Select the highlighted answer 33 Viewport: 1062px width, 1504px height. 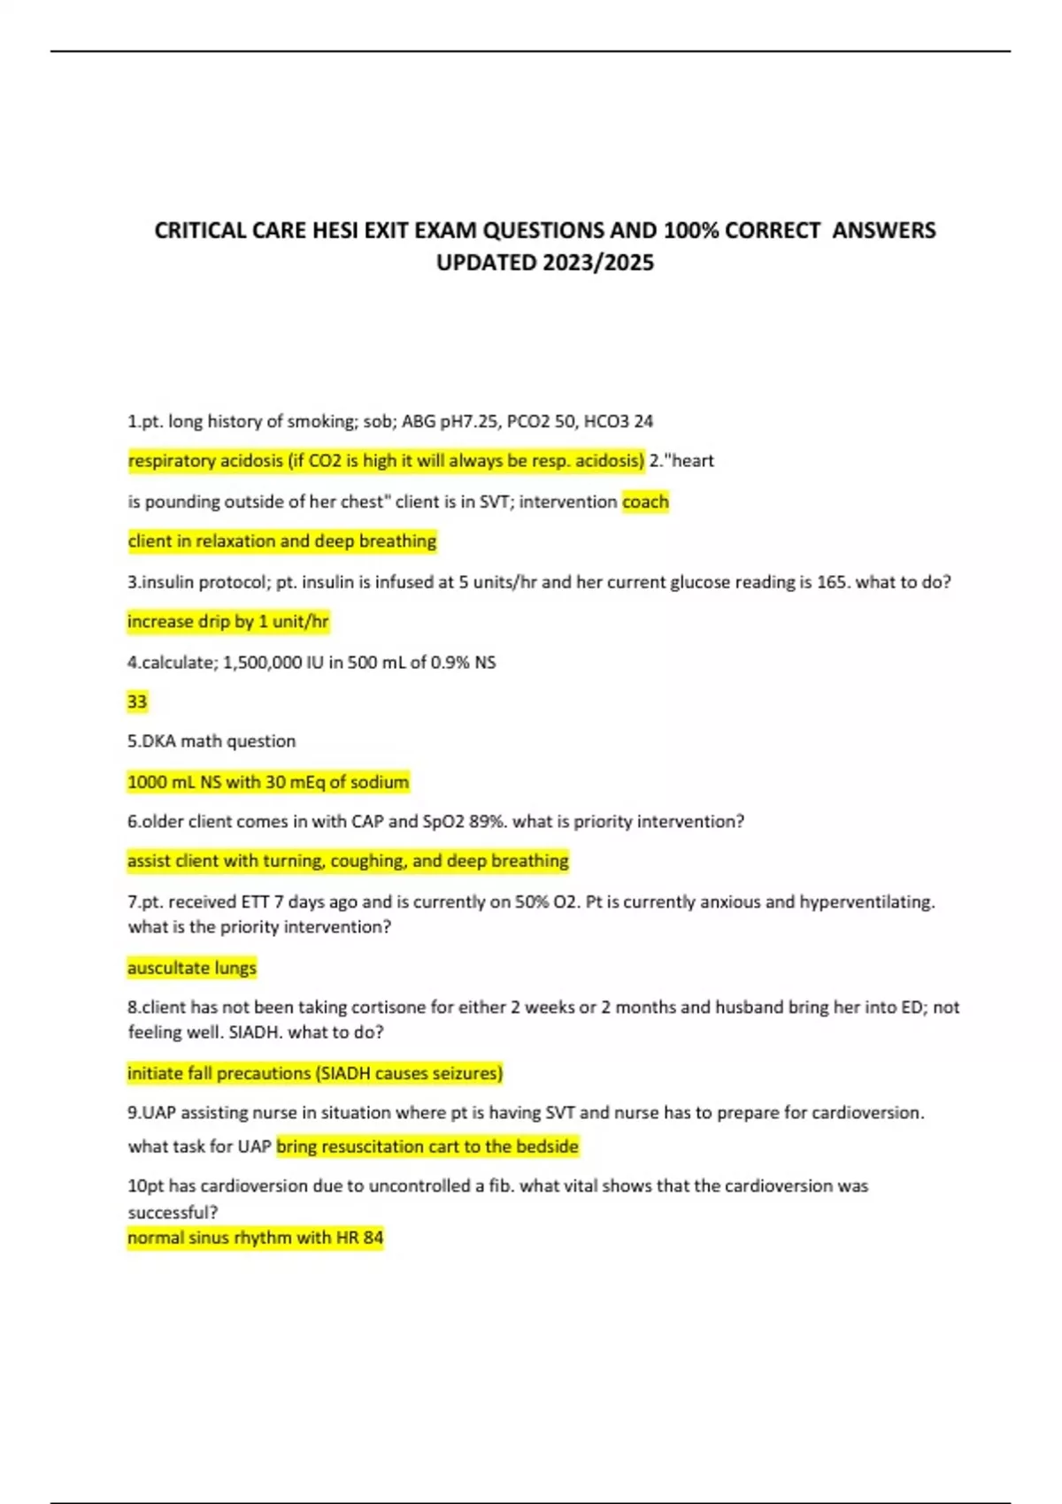pos(137,702)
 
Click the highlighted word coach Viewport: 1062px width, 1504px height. pos(645,502)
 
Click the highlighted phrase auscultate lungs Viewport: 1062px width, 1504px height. pos(192,968)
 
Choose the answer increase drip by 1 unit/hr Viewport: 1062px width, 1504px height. pos(228,622)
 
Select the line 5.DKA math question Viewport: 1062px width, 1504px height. pos(212,741)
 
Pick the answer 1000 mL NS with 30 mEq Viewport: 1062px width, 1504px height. pos(268,782)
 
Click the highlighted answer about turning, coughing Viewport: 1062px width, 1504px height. pos(348,861)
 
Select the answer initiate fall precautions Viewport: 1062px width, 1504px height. pos(315,1073)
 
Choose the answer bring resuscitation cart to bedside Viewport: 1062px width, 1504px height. pos(427,1147)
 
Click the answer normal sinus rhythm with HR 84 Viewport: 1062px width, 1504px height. pos(256,1238)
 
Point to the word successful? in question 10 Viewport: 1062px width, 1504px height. pos(173,1212)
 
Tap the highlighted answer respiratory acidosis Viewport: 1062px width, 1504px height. pos(386,461)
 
